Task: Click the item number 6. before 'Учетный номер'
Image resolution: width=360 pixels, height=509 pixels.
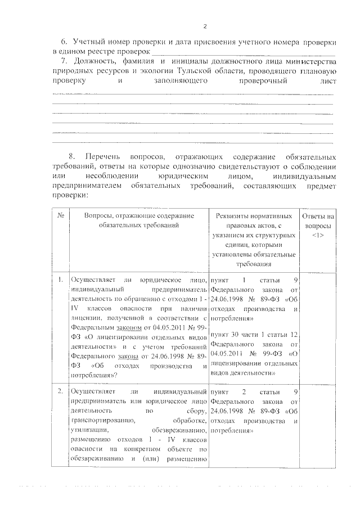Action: click(x=65, y=42)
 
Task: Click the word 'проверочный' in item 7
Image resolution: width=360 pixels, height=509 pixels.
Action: click(x=262, y=81)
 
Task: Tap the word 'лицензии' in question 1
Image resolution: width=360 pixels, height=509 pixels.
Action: click(x=84, y=318)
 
